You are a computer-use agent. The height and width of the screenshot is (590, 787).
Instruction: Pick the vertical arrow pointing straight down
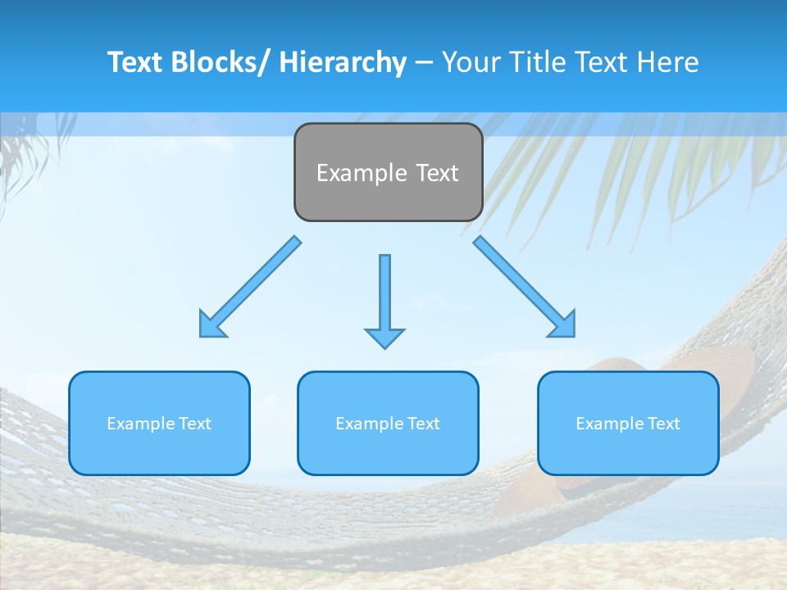(384, 295)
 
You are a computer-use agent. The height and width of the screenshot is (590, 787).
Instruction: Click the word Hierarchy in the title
(343, 62)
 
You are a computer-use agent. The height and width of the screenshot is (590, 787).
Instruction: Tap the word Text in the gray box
(436, 173)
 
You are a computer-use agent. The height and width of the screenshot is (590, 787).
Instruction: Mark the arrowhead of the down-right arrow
(564, 325)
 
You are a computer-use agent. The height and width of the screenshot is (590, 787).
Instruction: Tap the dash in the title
(424, 63)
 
